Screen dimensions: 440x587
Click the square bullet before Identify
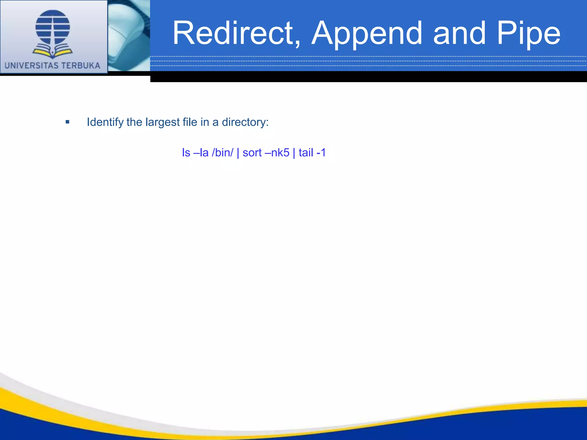click(x=67, y=122)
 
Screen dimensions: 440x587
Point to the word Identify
click(x=105, y=122)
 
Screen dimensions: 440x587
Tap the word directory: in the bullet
click(x=245, y=122)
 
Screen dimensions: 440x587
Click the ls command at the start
click(x=186, y=153)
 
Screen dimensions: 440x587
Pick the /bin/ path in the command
click(x=222, y=153)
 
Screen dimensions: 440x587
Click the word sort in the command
click(x=252, y=153)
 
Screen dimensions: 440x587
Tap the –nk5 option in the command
click(x=277, y=153)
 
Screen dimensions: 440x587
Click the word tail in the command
click(x=306, y=153)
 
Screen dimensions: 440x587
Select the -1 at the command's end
click(x=321, y=153)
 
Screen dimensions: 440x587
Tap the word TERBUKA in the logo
click(x=81, y=66)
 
